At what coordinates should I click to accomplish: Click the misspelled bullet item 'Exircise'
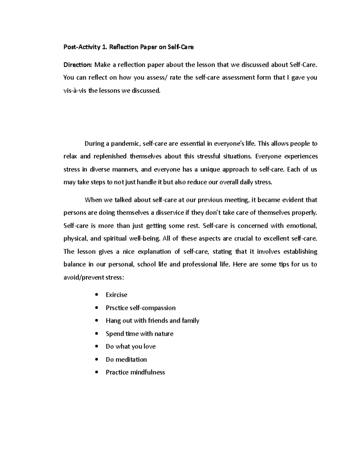coord(116,295)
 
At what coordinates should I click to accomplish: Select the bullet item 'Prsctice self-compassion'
coord(140,308)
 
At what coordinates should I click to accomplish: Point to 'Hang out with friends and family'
coord(152,321)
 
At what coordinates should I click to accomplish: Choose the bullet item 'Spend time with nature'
coord(139,334)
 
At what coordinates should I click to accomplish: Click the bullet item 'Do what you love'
coord(130,347)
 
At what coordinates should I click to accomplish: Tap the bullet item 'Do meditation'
coord(126,359)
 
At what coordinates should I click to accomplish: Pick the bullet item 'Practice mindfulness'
coord(135,372)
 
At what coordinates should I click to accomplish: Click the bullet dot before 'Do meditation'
coord(96,359)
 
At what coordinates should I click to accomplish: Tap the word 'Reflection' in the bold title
coord(124,47)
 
